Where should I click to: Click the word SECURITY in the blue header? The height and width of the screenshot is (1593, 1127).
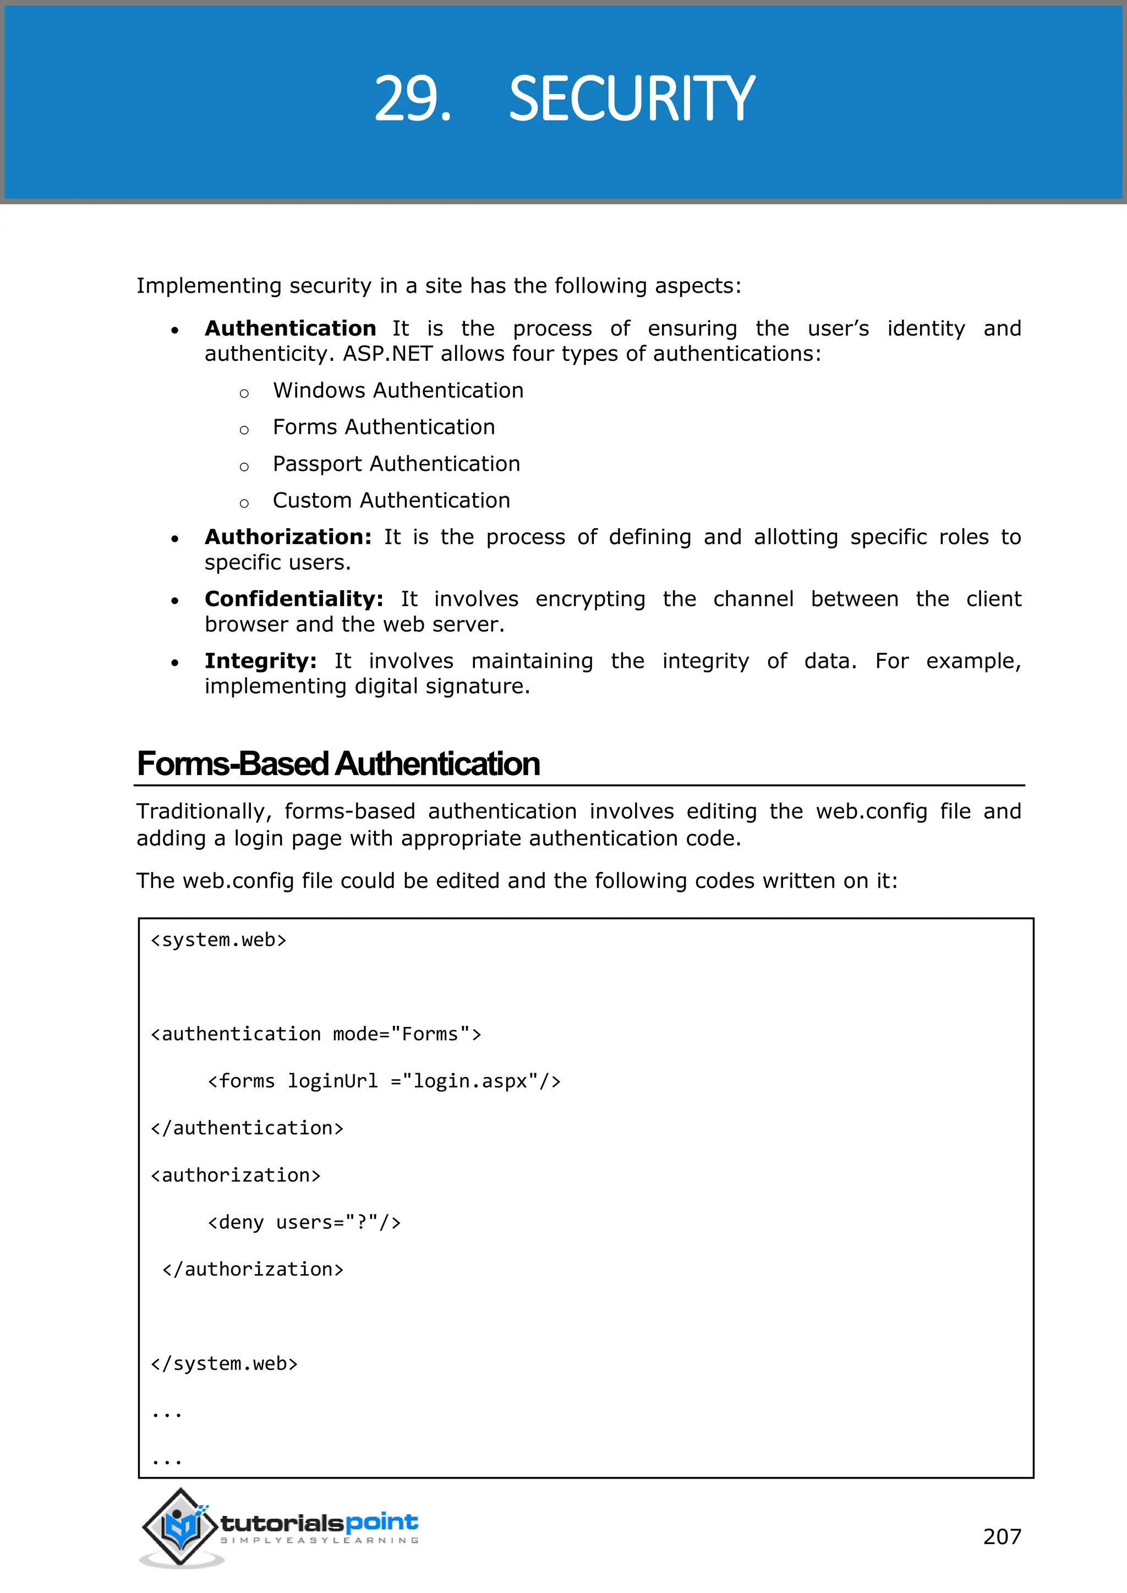coord(632,99)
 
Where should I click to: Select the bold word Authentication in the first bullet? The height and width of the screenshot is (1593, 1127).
coord(290,328)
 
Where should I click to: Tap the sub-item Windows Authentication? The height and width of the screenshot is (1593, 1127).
coord(398,391)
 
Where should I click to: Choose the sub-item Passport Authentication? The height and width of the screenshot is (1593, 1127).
coord(396,464)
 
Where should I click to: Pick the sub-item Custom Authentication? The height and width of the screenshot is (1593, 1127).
coord(391,500)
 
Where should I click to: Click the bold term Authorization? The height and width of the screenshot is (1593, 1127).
coord(288,537)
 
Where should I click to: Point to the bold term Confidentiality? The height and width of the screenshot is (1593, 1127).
coord(293,599)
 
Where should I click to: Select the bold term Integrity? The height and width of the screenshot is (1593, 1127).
coord(260,661)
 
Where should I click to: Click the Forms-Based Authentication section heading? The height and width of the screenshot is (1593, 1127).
coord(338,764)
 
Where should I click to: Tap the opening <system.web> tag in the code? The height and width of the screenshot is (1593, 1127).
coord(218,940)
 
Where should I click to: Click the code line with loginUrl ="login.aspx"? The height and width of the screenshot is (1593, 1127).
coord(384,1081)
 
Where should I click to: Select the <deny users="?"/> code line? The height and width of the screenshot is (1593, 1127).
coord(304,1222)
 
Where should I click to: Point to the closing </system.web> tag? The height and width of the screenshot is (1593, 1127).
coord(224,1364)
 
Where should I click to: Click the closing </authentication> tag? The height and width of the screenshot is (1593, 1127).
coord(247,1128)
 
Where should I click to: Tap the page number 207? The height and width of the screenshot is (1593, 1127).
coord(1002,1536)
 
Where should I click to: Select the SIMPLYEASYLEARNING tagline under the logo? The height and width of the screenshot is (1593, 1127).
coord(319,1540)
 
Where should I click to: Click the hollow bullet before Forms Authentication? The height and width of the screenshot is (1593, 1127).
coord(244,430)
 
